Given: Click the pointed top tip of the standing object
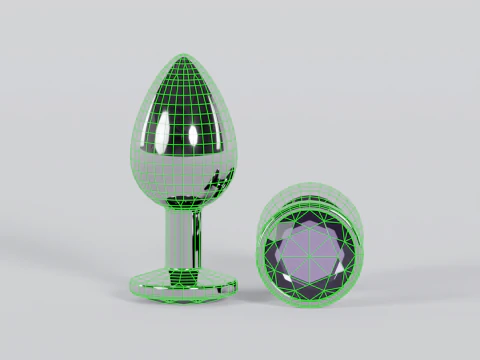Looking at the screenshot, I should pos(184,56).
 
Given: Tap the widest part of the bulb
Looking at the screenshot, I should pos(184,150).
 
